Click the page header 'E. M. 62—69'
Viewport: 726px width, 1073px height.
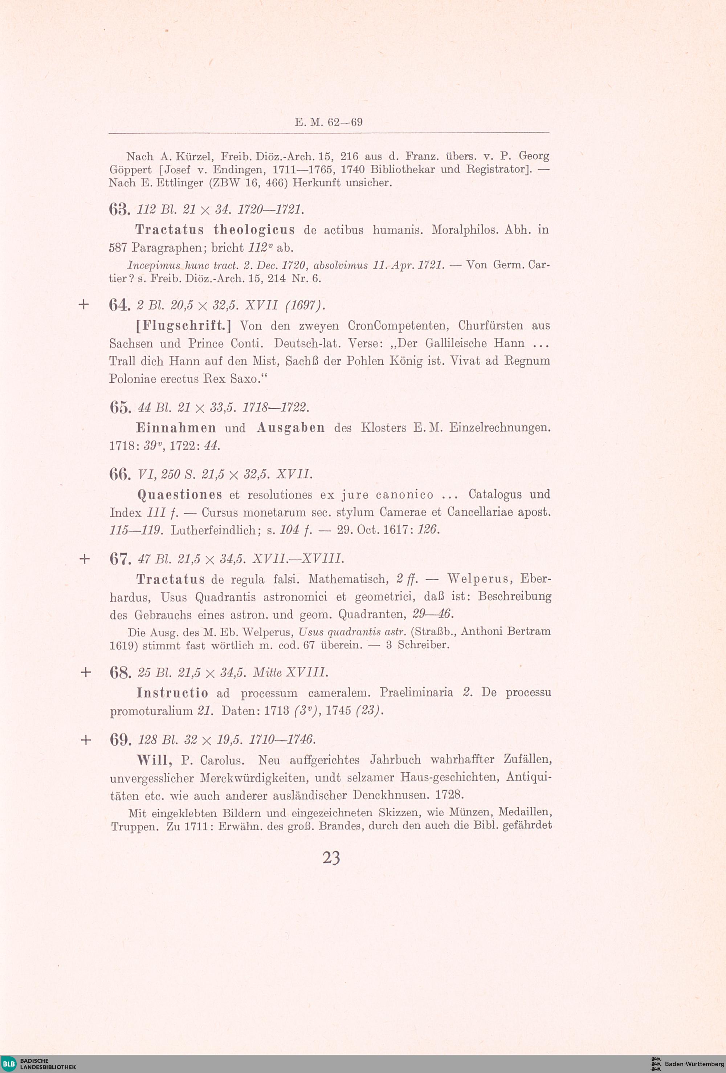(x=329, y=122)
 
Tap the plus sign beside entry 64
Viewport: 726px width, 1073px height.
(x=83, y=305)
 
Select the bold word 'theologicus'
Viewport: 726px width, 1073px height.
(x=254, y=230)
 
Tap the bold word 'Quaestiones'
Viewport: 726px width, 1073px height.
(x=180, y=495)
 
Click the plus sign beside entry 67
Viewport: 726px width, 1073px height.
(x=84, y=559)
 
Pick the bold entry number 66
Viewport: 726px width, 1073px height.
(x=121, y=475)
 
